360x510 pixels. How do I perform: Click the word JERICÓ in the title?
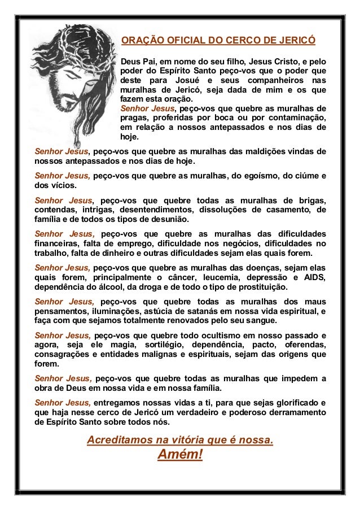point(295,41)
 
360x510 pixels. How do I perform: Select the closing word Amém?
point(180,455)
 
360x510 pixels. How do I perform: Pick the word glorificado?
point(296,402)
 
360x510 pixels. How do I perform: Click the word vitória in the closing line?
point(173,439)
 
